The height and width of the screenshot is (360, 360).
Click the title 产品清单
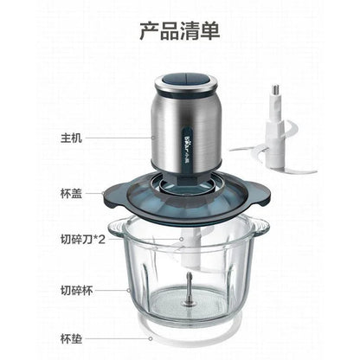point(179,32)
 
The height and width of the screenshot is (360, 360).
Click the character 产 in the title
point(149,32)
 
